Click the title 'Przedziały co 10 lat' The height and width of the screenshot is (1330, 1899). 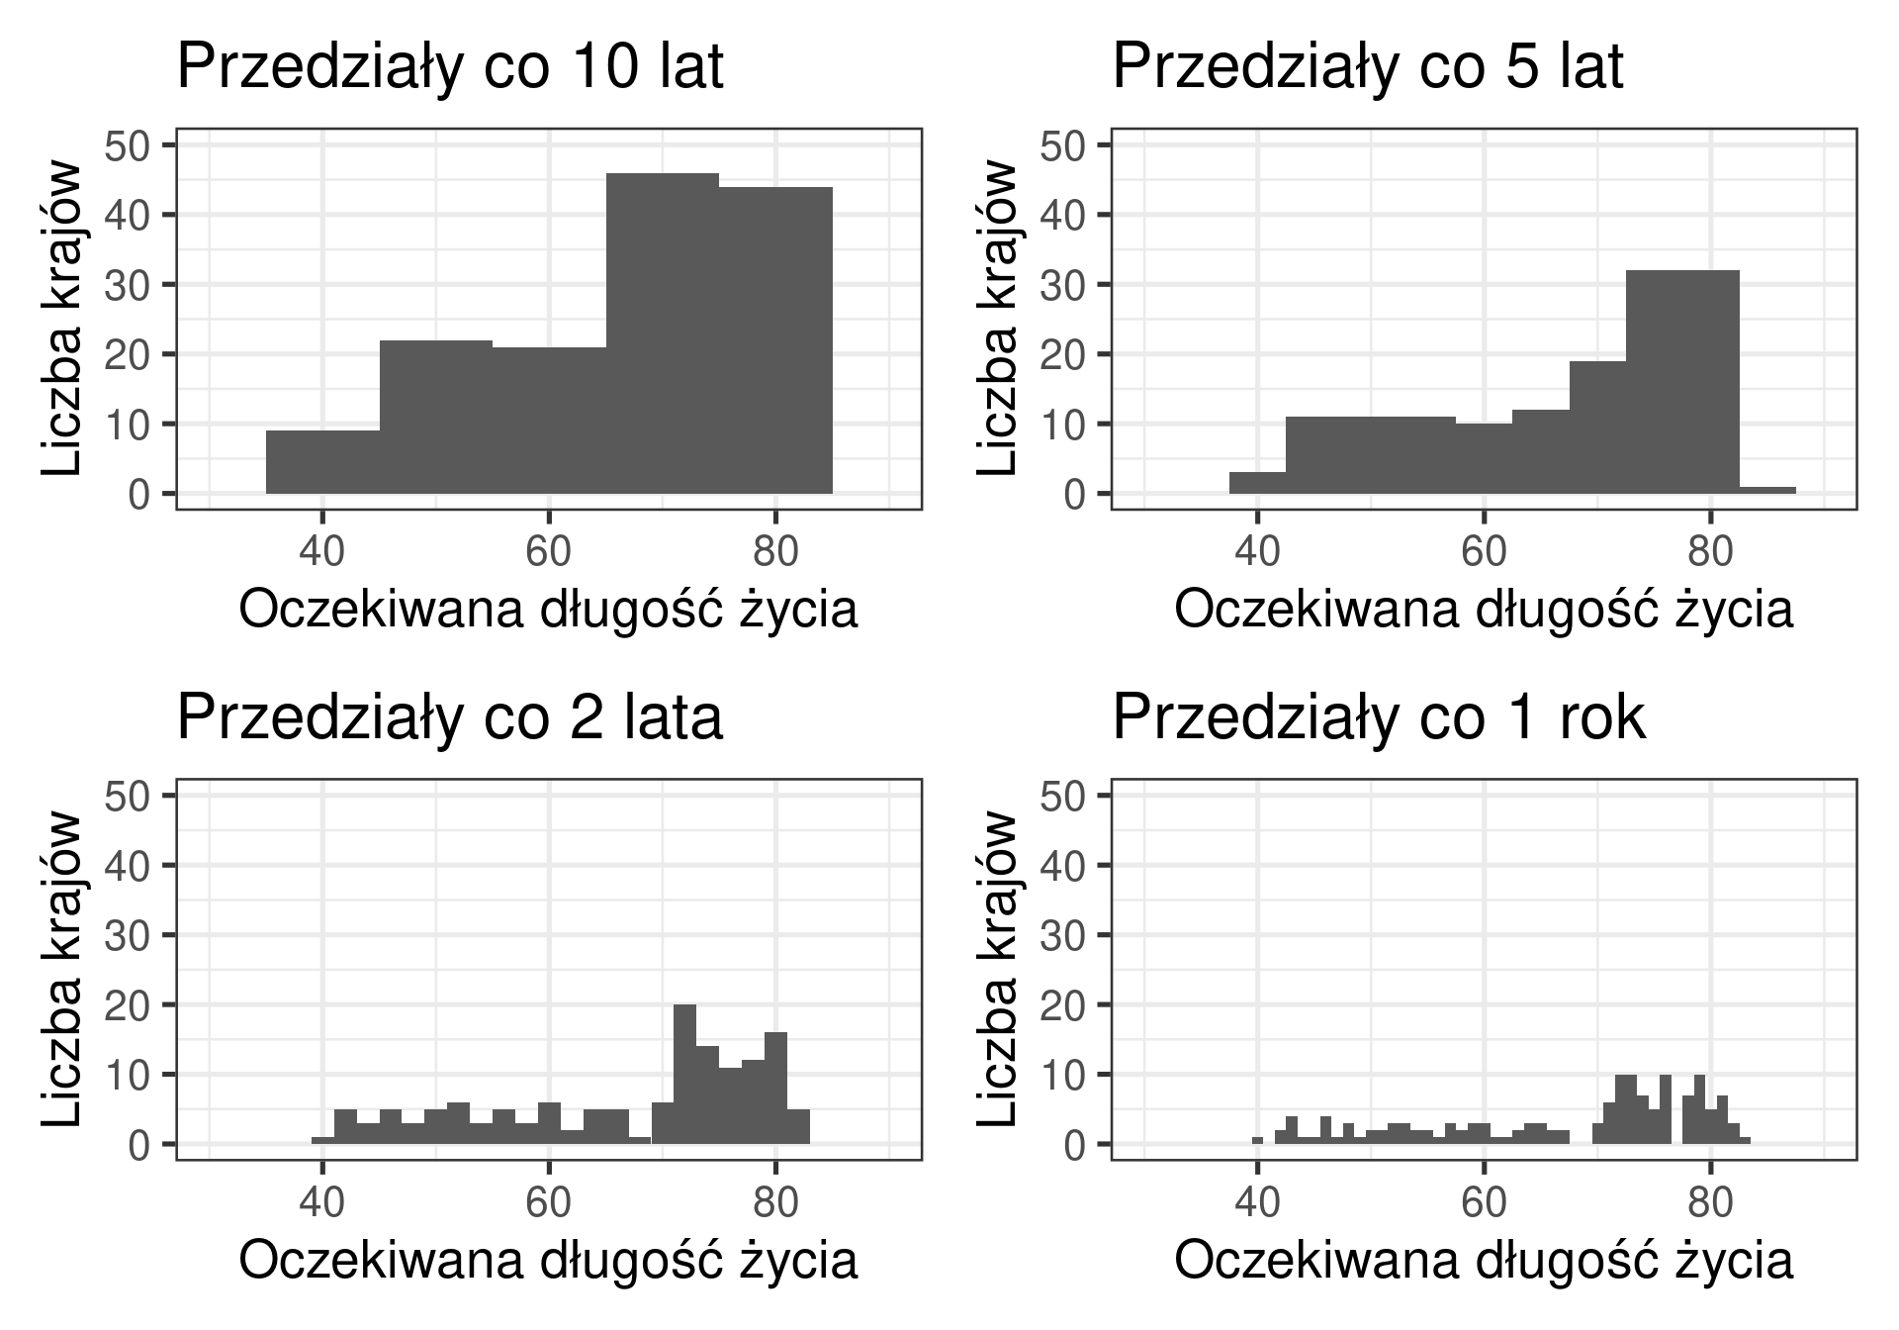click(x=450, y=67)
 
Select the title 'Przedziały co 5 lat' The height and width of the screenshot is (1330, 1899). click(x=1368, y=67)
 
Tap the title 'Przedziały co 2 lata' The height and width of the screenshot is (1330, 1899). click(x=450, y=717)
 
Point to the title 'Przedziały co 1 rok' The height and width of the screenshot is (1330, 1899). click(x=1379, y=717)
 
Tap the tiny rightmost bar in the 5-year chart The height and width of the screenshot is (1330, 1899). click(x=1767, y=490)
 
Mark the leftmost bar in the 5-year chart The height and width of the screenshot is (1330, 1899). click(x=1257, y=483)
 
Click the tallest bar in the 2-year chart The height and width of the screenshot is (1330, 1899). click(x=684, y=1074)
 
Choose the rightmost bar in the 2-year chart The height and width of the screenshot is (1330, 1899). click(x=798, y=1126)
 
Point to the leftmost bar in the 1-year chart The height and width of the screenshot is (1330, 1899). click(x=1257, y=1140)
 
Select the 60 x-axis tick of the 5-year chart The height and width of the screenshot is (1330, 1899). click(x=1484, y=551)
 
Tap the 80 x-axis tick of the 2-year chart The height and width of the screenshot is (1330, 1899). click(x=775, y=1201)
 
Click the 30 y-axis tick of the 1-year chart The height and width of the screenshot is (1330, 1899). click(x=1062, y=935)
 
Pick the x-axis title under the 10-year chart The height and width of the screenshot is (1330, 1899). click(x=548, y=611)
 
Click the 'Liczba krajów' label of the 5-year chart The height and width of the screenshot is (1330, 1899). click(x=997, y=319)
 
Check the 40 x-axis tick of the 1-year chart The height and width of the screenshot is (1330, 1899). click(x=1257, y=1201)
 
